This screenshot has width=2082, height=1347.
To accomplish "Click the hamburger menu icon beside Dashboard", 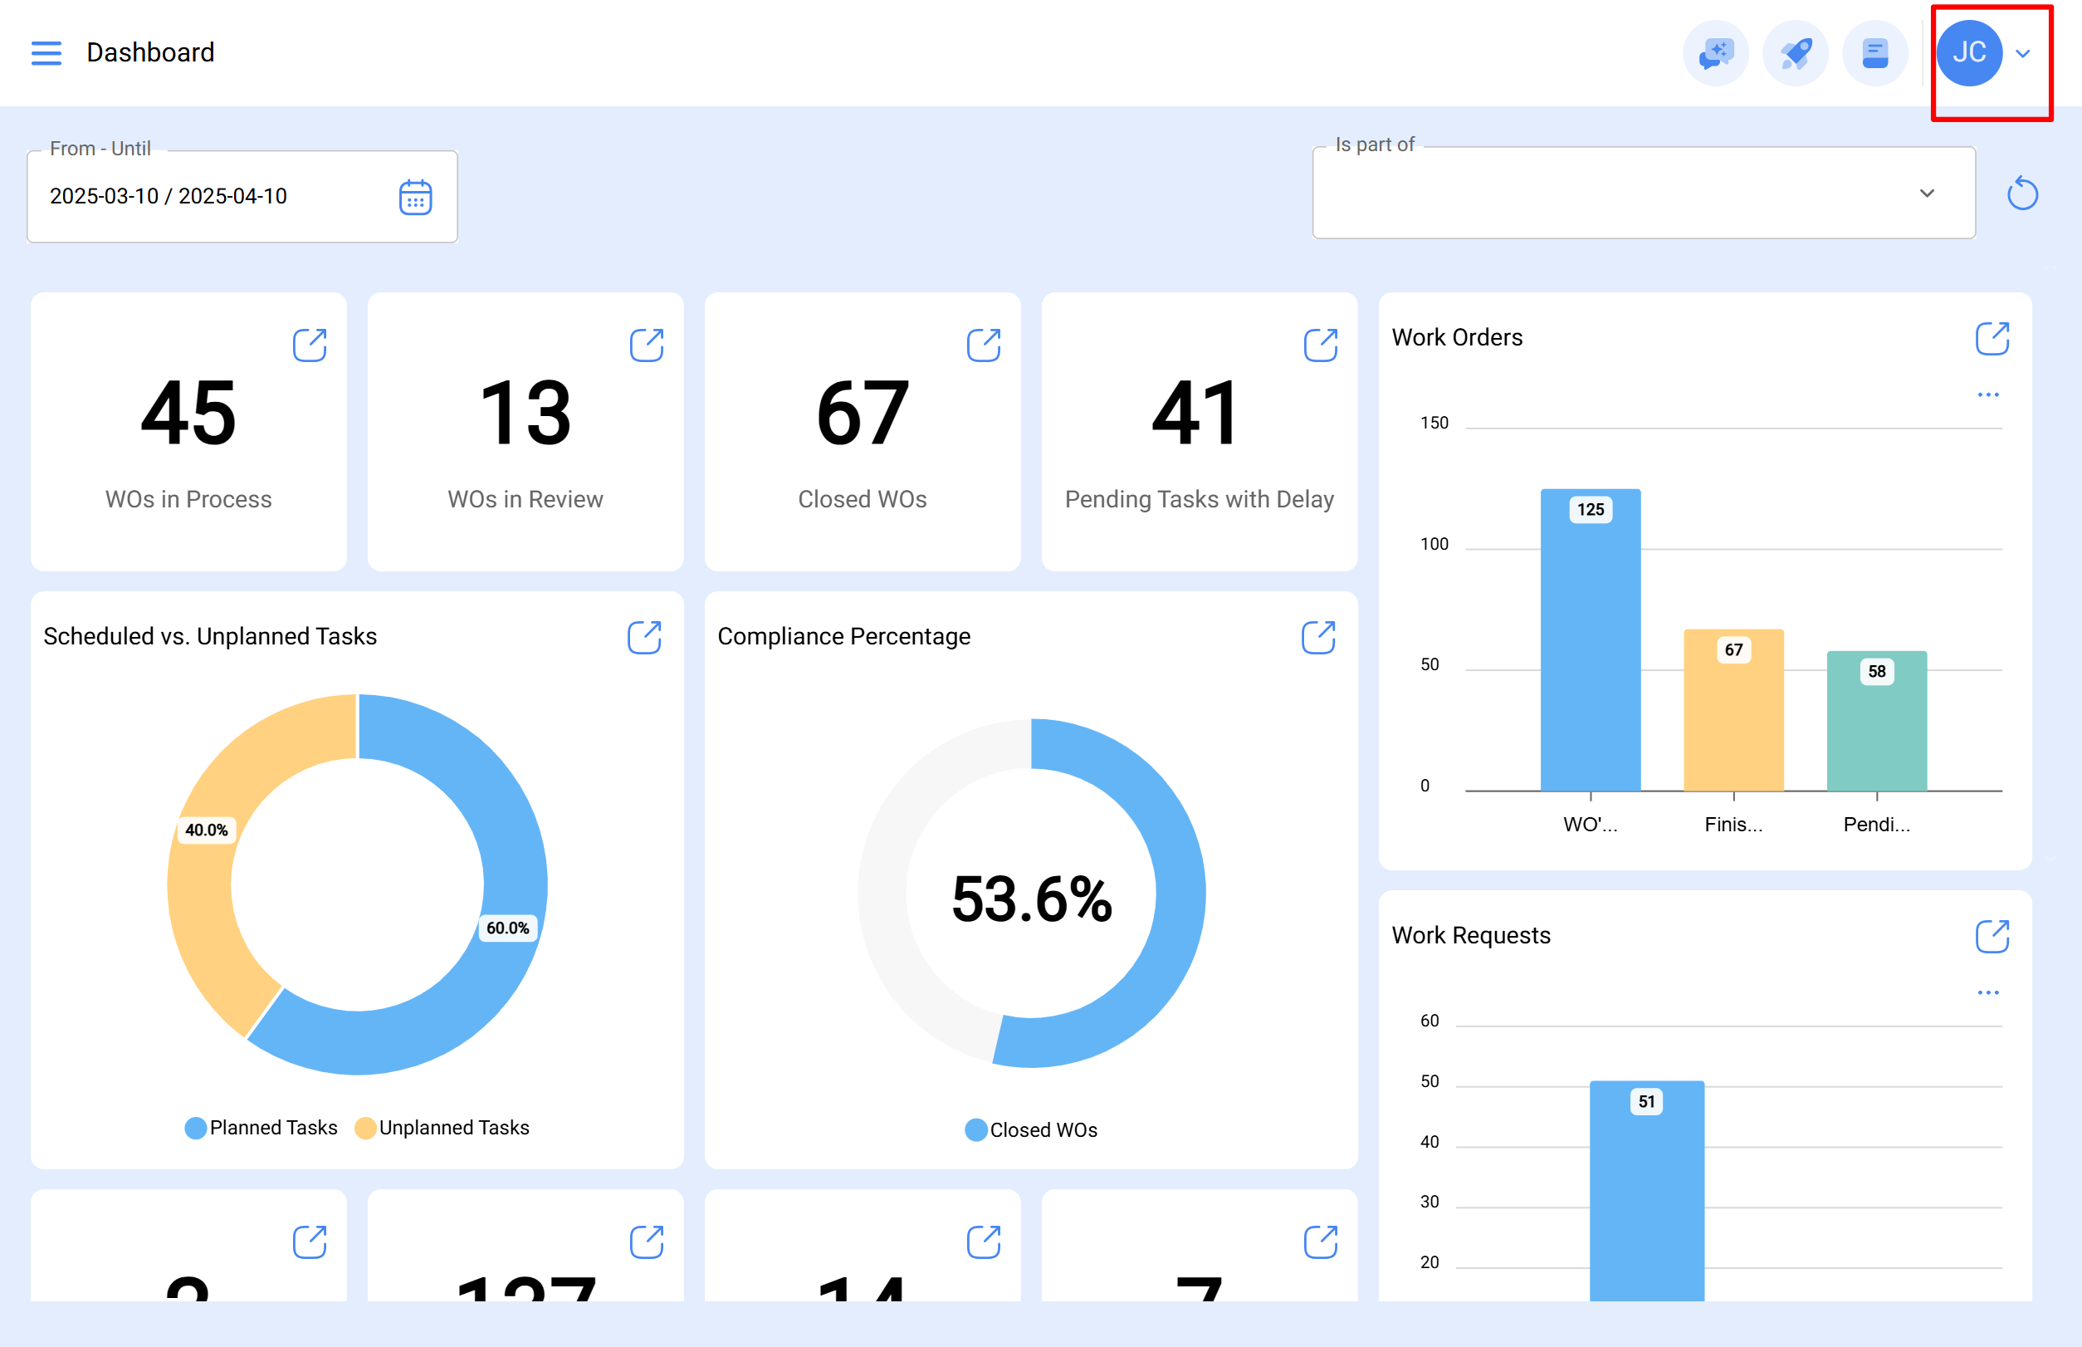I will click(46, 53).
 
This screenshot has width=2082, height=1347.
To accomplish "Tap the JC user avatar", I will click(1968, 53).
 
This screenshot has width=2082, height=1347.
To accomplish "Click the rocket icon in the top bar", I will click(1796, 53).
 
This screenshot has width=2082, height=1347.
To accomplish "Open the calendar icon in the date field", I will click(415, 197).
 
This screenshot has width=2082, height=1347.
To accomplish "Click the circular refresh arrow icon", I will click(2021, 193).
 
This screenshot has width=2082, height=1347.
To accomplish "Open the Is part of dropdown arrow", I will click(1927, 193).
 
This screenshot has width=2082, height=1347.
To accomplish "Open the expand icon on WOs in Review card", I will click(646, 345).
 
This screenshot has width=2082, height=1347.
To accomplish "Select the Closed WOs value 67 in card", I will click(863, 413).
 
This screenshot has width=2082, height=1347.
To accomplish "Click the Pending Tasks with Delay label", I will click(1199, 499).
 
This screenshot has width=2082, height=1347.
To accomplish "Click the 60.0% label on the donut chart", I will click(507, 928).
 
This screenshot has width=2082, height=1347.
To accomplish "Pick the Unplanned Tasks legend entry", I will click(442, 1128).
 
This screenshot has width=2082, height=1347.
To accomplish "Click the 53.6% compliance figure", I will click(1031, 899).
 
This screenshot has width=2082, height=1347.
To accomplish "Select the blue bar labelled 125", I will click(1590, 647).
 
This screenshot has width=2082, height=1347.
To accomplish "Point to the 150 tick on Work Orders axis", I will click(1433, 424).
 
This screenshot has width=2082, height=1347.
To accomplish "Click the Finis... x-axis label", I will click(1733, 824).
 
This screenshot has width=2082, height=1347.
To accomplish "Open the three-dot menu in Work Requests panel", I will click(1987, 992).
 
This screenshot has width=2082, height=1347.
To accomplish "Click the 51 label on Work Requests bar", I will click(1645, 1101).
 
